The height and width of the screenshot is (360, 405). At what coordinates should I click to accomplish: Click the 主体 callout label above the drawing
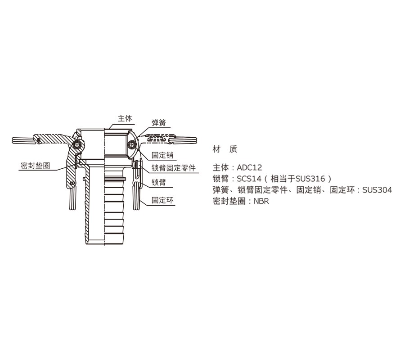click(125, 118)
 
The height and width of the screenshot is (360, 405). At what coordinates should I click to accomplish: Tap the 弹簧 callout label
click(158, 123)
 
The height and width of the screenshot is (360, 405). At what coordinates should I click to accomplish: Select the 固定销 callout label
click(162, 155)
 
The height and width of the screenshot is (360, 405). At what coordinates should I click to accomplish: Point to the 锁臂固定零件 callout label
click(173, 168)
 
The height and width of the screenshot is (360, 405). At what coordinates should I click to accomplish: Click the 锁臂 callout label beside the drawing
click(158, 182)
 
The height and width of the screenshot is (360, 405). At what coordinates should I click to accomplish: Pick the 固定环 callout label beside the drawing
click(162, 200)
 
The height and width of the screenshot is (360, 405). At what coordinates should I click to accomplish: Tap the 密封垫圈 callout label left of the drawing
click(35, 166)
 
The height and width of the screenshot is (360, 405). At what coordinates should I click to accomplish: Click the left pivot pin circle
click(77, 145)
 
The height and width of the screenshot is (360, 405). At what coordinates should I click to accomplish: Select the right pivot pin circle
click(132, 144)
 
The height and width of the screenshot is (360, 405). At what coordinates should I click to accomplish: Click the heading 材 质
click(225, 149)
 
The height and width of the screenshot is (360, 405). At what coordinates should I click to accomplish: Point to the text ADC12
click(249, 167)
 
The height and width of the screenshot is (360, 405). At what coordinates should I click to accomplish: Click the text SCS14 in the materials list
click(249, 179)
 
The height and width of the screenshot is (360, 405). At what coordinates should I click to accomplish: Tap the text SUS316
click(310, 179)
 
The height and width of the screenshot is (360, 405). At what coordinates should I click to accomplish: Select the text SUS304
click(377, 190)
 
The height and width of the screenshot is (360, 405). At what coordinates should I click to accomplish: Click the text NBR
click(261, 201)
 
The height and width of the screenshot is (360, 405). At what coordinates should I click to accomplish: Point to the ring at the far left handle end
click(24, 140)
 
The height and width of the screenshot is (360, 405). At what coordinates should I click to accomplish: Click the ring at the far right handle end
click(184, 140)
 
